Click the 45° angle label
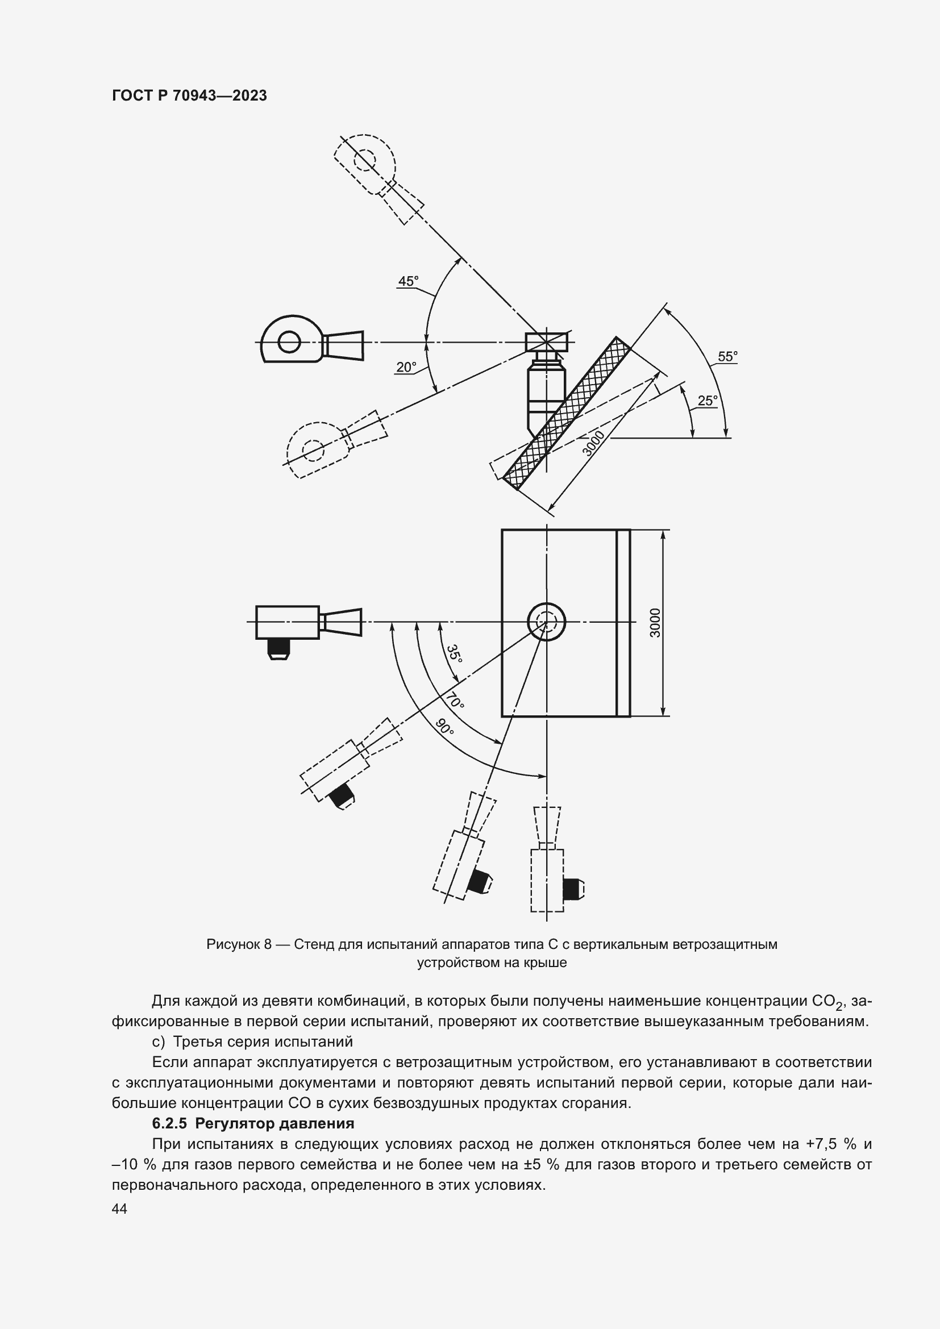click(x=407, y=281)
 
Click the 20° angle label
click(x=406, y=367)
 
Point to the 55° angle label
click(x=727, y=357)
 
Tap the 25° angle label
click(x=708, y=401)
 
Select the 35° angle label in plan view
click(x=455, y=653)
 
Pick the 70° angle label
click(x=455, y=702)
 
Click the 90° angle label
click(x=444, y=727)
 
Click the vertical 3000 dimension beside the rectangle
click(x=655, y=623)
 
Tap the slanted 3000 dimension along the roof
click(x=593, y=443)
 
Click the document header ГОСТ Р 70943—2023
click(x=189, y=95)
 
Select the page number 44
click(x=119, y=1209)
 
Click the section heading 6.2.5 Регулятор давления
click(x=252, y=1123)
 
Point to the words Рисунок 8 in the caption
click(x=239, y=944)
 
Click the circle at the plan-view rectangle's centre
click(x=546, y=622)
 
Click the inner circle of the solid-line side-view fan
click(x=289, y=341)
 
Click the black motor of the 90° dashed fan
click(x=572, y=889)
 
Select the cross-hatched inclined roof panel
click(x=566, y=413)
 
